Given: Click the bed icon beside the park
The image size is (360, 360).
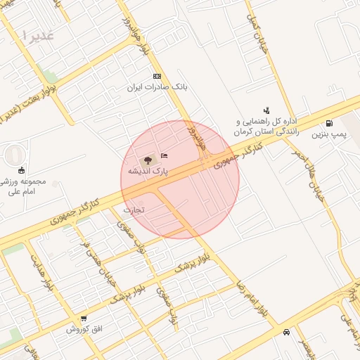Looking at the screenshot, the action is tap(165, 156).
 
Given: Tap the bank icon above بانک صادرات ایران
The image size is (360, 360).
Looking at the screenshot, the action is tap(156, 77).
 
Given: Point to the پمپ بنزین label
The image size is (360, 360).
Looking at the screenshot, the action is tap(330, 134).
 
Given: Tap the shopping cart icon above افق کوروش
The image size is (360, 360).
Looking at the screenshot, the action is tap(84, 319).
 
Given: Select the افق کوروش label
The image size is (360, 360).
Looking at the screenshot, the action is tap(84, 329).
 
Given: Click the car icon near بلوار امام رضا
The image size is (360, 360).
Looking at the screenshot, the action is tap(286, 332).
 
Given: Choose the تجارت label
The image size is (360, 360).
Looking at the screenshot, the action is tap(132, 210).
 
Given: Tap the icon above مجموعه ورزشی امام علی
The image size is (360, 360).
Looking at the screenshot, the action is tap(21, 169).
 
